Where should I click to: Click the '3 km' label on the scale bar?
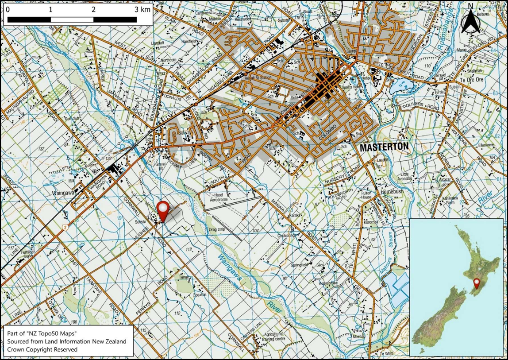coord(142,9)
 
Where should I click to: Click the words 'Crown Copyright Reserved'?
coord(42,350)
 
